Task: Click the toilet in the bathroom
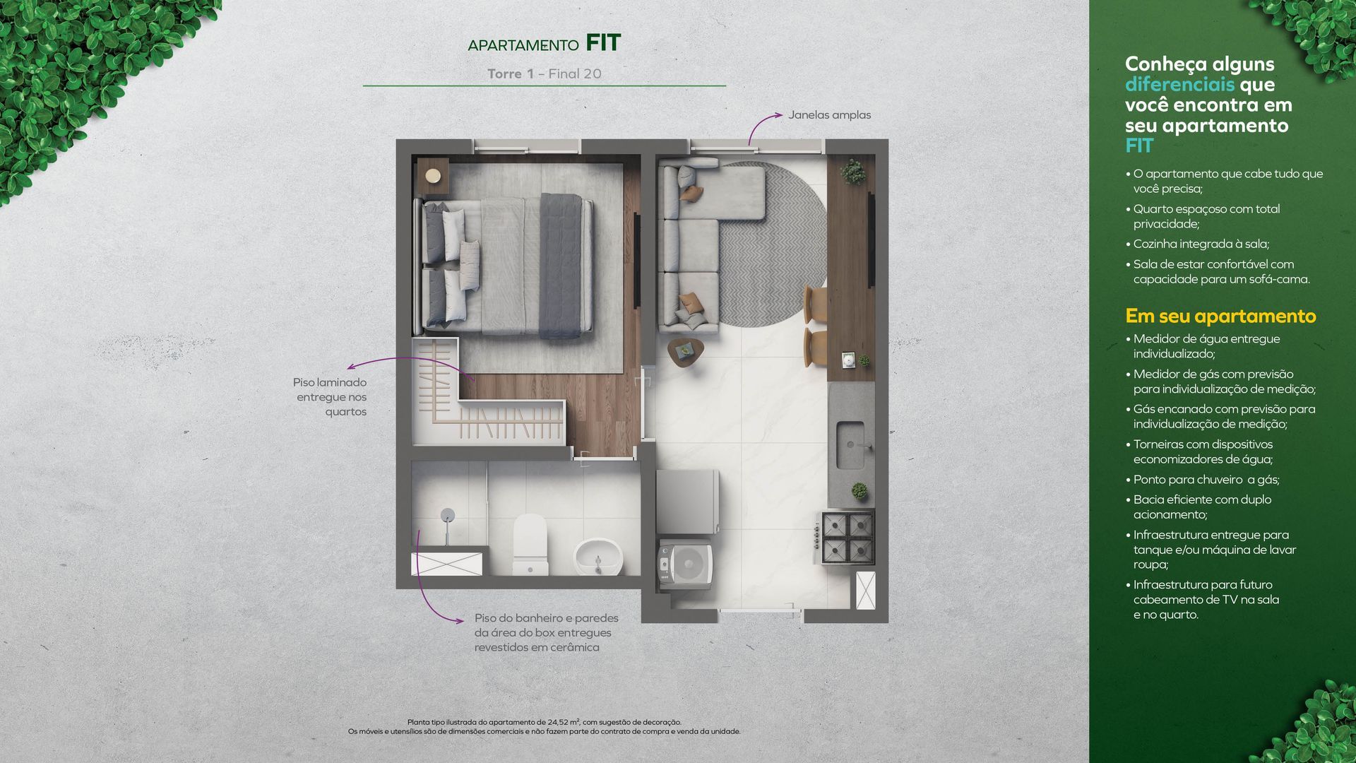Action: [x=530, y=544]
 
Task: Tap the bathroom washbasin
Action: [x=598, y=557]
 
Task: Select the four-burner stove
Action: [x=848, y=538]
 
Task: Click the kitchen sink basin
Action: [x=851, y=445]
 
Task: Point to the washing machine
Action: [x=685, y=564]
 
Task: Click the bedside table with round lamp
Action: [x=432, y=175]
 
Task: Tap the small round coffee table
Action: [x=685, y=351]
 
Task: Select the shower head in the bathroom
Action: [x=447, y=516]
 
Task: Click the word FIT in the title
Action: [x=603, y=43]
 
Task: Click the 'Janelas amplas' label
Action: [x=829, y=115]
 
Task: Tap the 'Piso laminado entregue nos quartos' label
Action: [x=330, y=397]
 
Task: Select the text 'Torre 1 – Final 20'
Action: [x=544, y=73]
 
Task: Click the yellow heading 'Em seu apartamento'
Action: [x=1220, y=316]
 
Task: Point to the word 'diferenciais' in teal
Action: [x=1179, y=84]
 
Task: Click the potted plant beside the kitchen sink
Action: [x=860, y=490]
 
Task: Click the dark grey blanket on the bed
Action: [x=562, y=266]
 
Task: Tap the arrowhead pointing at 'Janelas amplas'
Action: [x=778, y=114]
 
